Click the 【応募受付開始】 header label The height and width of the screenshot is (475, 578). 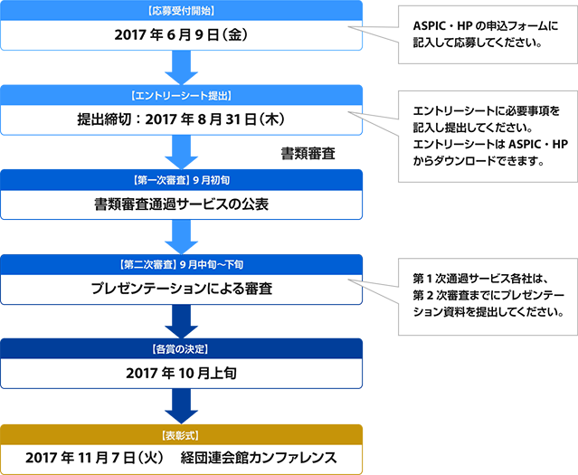[181, 11]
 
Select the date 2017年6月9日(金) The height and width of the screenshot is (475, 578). [181, 35]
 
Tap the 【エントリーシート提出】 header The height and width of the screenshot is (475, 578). [181, 96]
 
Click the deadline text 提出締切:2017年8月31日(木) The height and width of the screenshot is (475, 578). [181, 119]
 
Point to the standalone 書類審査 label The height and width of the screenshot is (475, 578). [308, 154]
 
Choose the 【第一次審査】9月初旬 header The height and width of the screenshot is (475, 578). [181, 180]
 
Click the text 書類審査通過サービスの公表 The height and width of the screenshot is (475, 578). [181, 204]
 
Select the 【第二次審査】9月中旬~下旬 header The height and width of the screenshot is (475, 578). [181, 265]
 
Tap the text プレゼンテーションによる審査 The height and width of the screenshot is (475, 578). [181, 289]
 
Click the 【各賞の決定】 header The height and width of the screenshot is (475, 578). [181, 349]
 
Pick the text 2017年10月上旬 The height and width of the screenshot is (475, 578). [181, 373]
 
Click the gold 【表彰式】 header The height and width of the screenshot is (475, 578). [181, 436]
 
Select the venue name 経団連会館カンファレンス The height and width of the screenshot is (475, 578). [259, 458]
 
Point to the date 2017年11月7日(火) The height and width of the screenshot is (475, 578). [95, 458]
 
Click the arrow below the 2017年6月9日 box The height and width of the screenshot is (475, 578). [181, 68]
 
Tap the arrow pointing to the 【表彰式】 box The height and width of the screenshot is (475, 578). [181, 406]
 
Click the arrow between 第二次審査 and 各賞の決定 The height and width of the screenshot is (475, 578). [181, 321]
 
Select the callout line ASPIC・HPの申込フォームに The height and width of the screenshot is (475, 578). [486, 26]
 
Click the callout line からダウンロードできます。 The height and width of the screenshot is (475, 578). [479, 161]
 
